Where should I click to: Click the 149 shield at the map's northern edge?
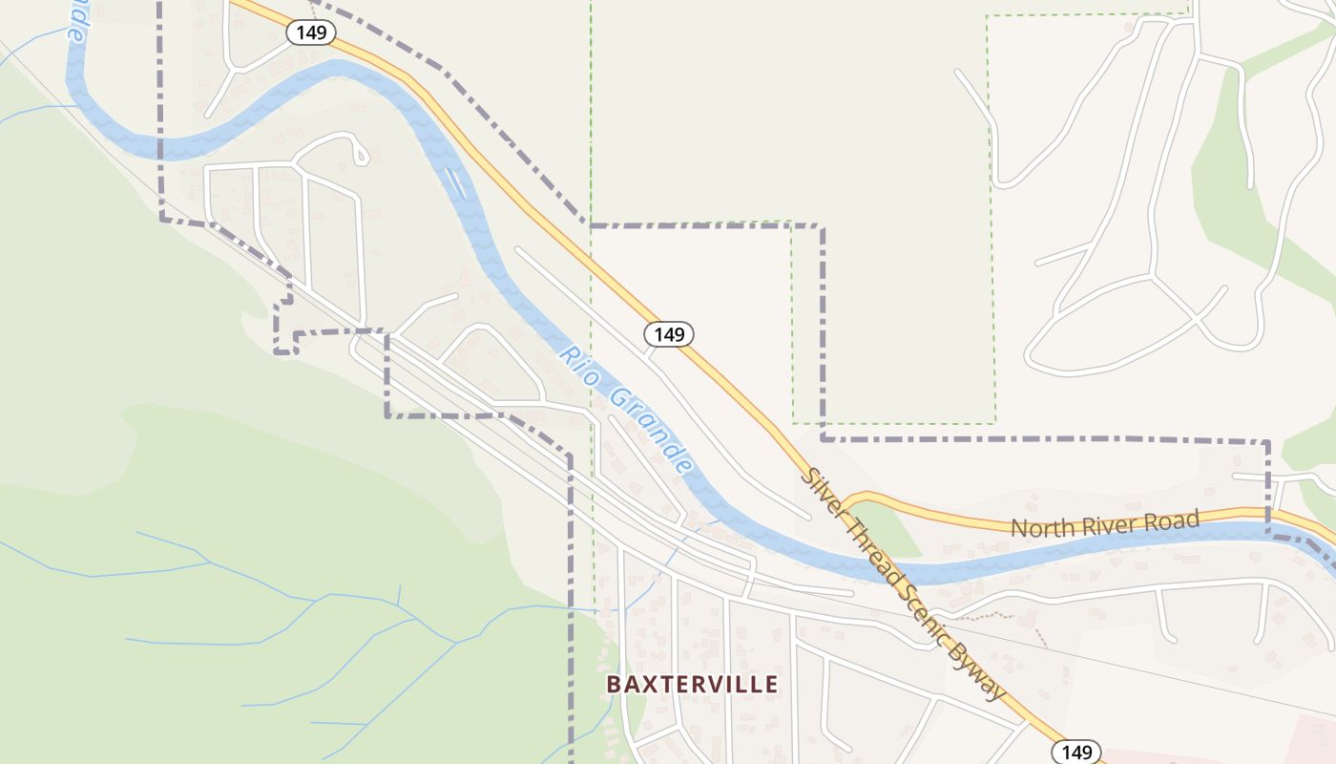tap(311, 32)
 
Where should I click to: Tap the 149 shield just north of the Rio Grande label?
tap(669, 334)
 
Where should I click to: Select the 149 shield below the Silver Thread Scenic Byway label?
tap(1076, 752)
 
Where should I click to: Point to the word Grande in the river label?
tap(650, 431)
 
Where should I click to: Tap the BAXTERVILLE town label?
tap(693, 684)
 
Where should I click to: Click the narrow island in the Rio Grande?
tap(454, 180)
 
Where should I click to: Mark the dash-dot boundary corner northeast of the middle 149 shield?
tap(821, 227)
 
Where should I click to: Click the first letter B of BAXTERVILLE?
tap(615, 684)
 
